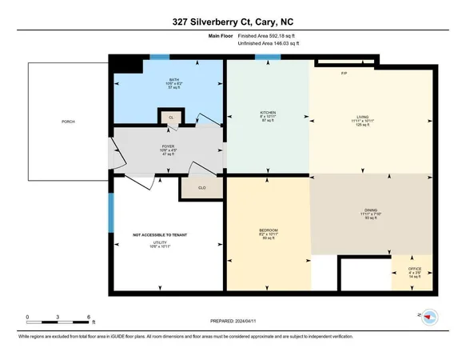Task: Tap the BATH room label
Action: pos(173,80)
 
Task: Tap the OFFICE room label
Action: pos(414,271)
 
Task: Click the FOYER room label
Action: pos(169,147)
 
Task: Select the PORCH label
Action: pos(68,122)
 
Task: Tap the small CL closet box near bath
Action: pos(170,118)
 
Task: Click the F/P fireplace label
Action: pos(344,73)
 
